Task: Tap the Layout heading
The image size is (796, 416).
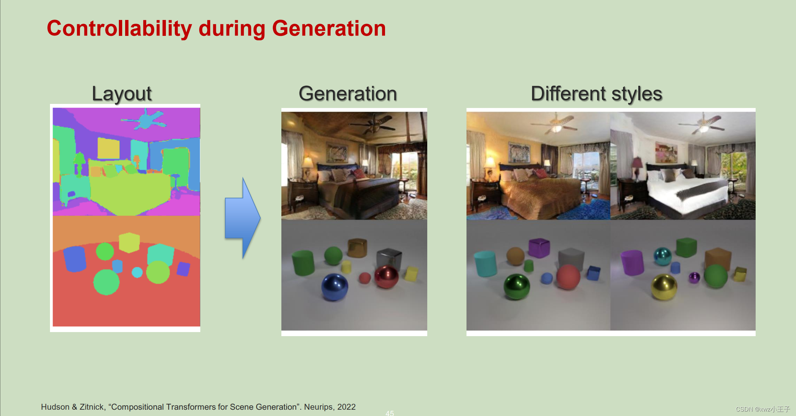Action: pos(121,94)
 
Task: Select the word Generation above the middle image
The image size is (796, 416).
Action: pos(348,94)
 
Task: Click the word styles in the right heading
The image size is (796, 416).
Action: pos(636,94)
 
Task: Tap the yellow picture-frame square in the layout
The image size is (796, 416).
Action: pos(108,148)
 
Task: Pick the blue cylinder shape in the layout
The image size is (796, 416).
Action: pos(75,258)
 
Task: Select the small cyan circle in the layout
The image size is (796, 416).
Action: pos(137,273)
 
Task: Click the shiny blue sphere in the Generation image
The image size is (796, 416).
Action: pos(335,287)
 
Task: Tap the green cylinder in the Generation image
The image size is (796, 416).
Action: pos(303,263)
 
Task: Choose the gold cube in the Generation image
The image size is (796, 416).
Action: pos(357,247)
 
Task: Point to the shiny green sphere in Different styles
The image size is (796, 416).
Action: pos(517,286)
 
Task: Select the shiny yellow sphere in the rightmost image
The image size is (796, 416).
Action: pos(664,287)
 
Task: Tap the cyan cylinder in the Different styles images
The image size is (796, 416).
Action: pos(486,263)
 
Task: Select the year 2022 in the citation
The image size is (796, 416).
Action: pos(346,407)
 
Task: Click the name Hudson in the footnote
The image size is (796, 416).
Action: pos(55,407)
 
